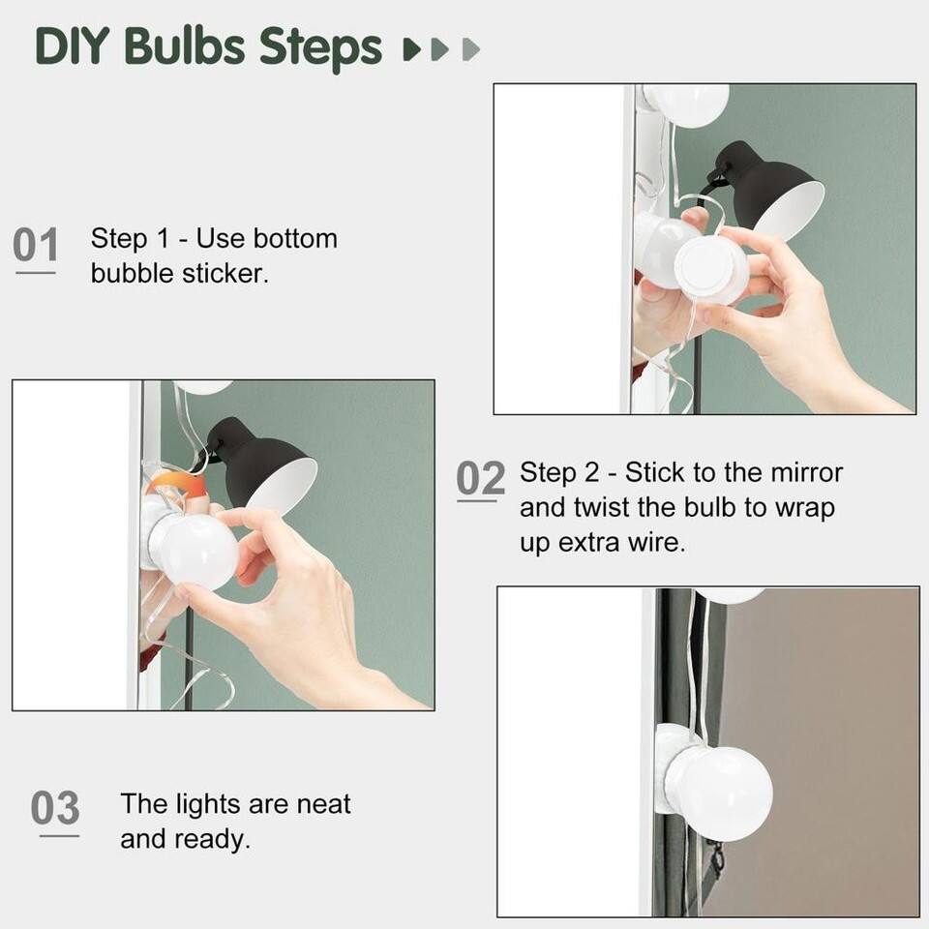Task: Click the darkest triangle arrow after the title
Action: [410, 48]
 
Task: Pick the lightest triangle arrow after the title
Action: [471, 48]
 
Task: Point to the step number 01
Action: [36, 246]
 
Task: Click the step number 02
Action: [480, 479]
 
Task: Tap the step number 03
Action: [55, 808]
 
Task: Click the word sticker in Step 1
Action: [224, 273]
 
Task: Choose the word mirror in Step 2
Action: [806, 473]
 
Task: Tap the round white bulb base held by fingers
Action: [710, 268]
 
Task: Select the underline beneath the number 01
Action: [36, 273]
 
